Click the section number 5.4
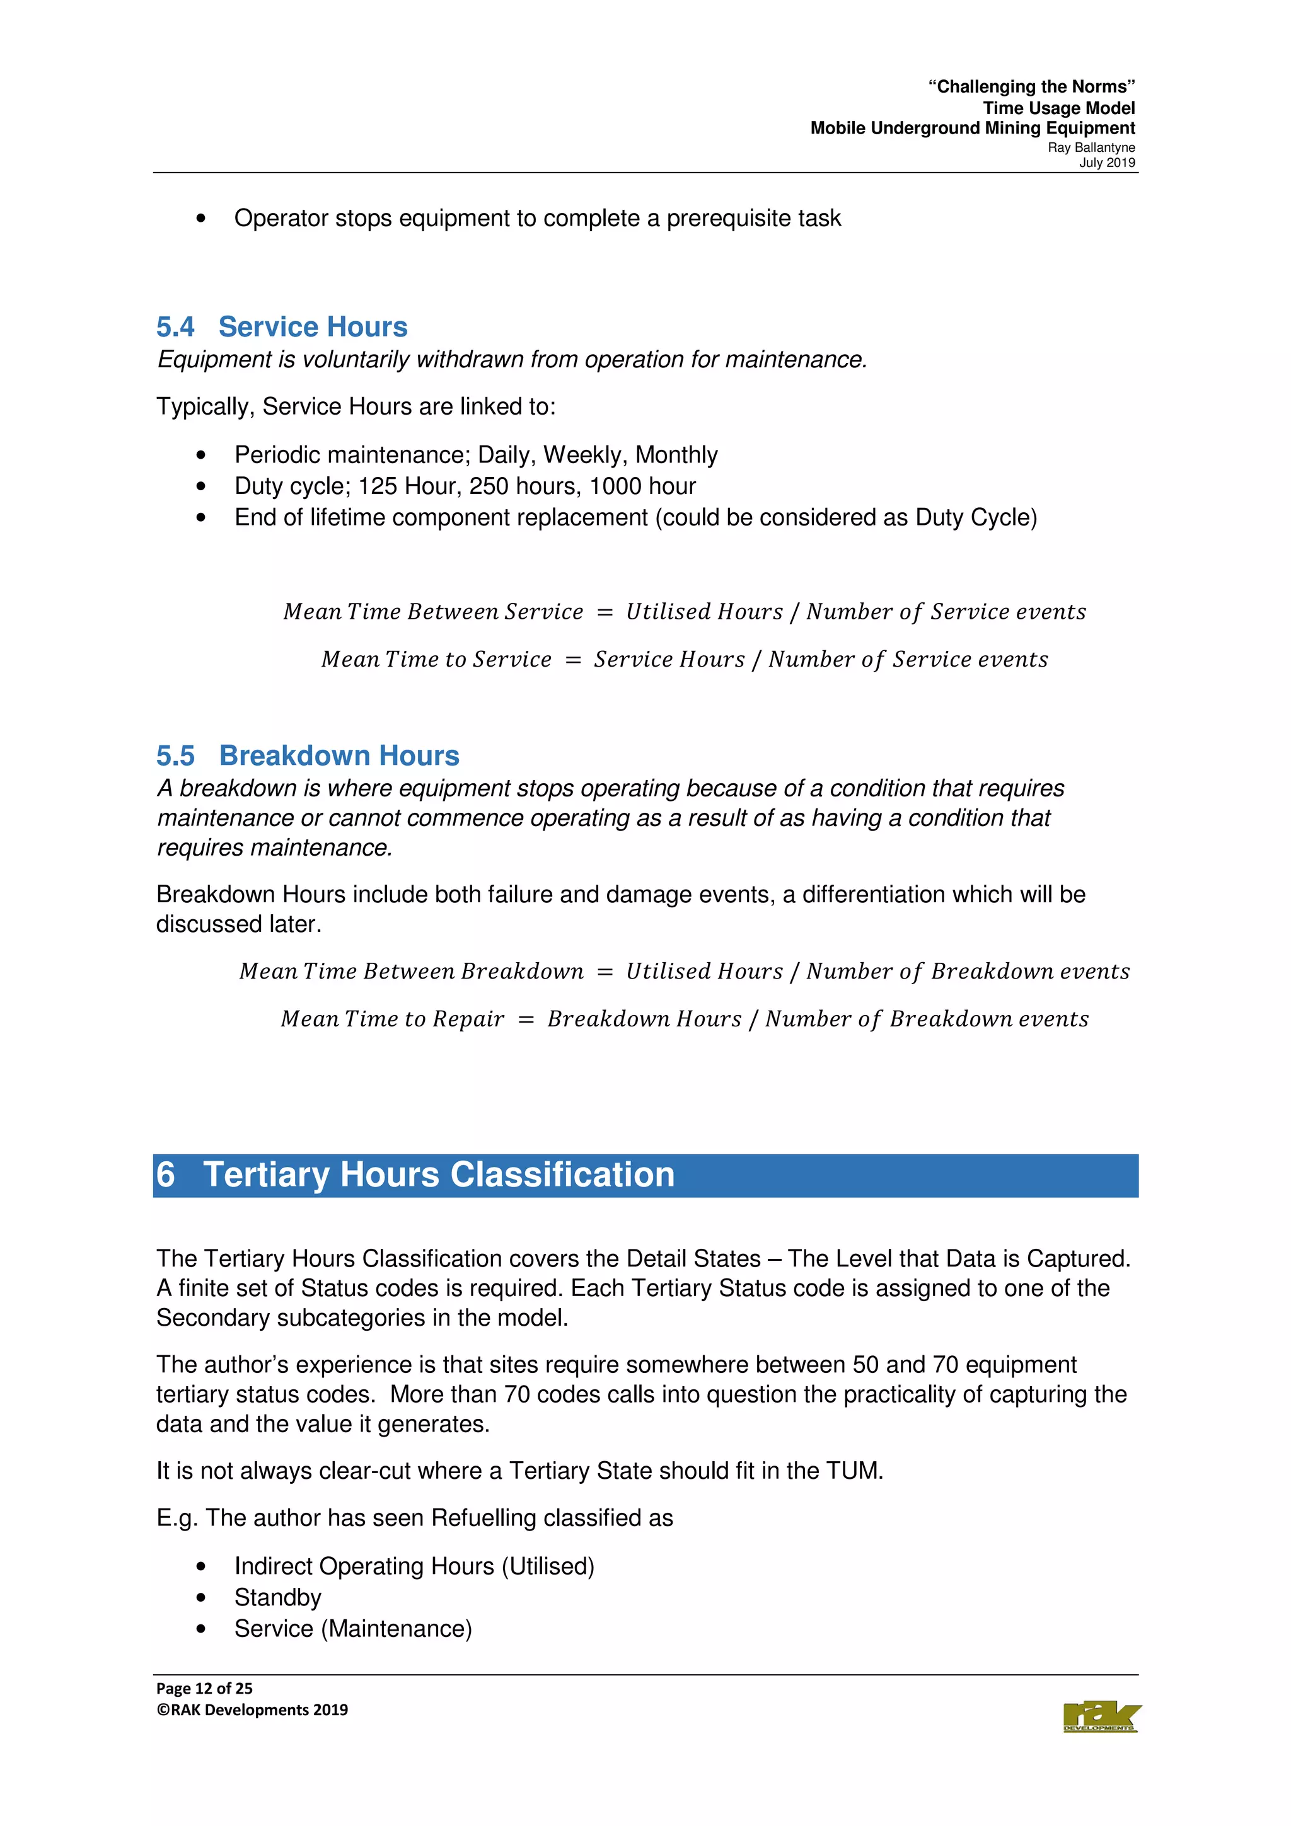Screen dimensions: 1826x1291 [x=175, y=327]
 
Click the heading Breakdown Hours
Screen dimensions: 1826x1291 [x=339, y=755]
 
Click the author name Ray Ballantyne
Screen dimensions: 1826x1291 [x=1091, y=148]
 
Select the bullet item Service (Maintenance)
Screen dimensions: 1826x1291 [x=352, y=1628]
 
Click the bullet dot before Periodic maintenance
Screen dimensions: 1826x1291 [x=200, y=455]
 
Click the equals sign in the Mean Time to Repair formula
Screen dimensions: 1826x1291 [x=525, y=1019]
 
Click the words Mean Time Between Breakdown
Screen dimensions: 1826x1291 [x=411, y=971]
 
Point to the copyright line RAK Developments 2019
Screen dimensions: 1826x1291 [x=252, y=1710]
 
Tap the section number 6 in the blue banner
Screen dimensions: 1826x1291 [x=165, y=1174]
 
